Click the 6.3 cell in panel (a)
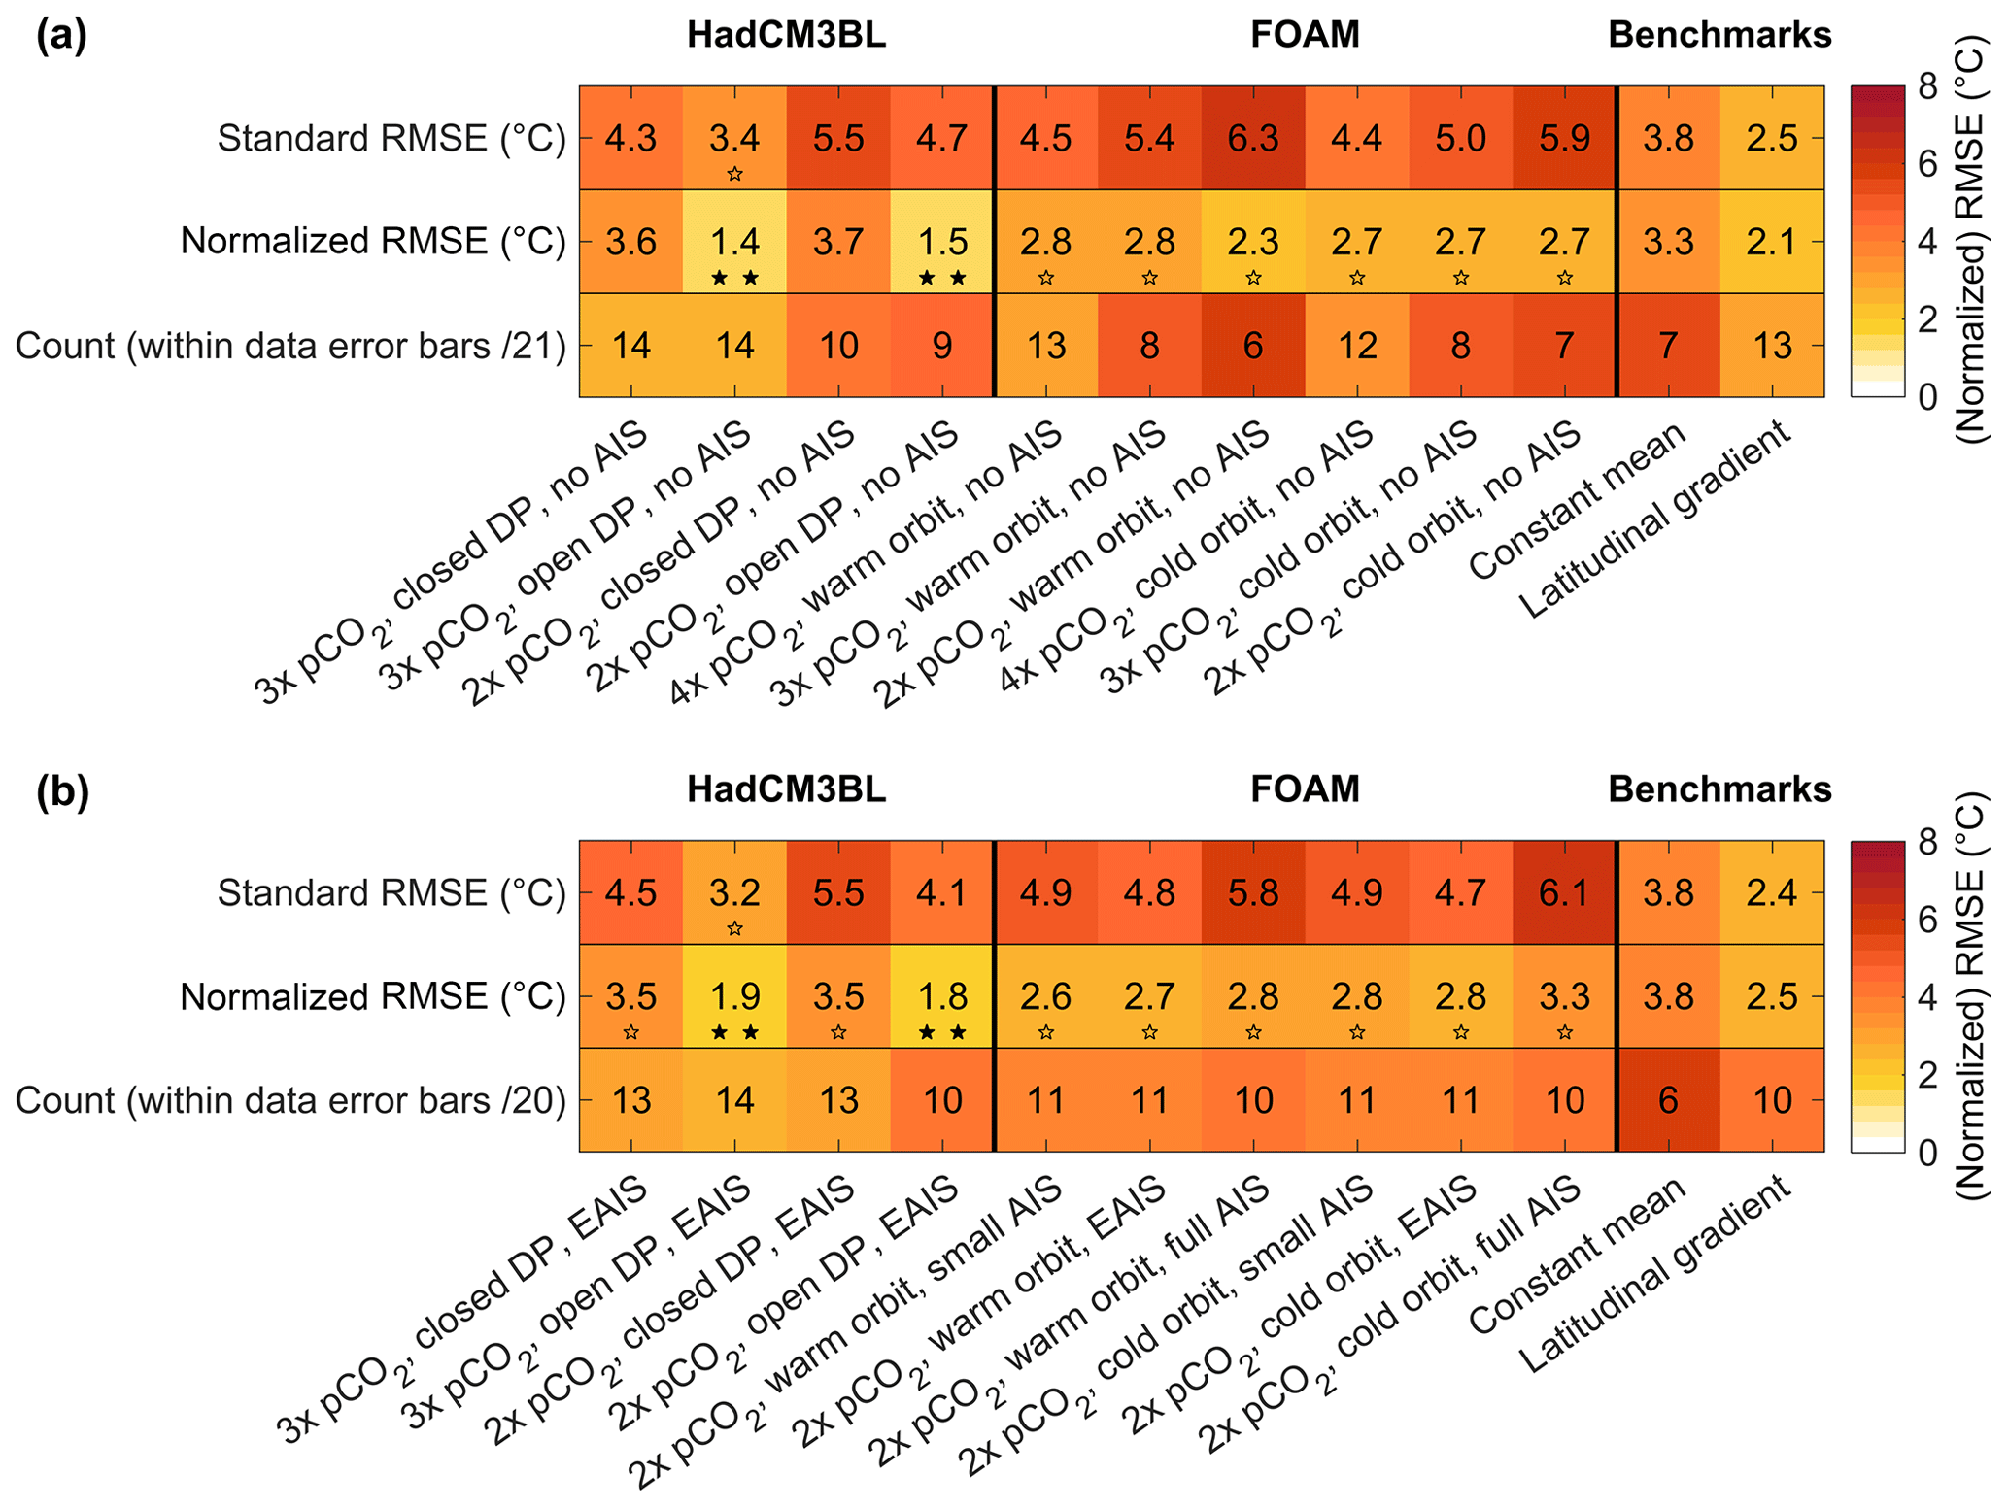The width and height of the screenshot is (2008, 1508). click(1253, 138)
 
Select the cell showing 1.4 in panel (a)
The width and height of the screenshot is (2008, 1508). click(734, 241)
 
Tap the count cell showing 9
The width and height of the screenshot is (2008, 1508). click(942, 346)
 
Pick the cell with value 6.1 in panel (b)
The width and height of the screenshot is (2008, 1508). click(1564, 892)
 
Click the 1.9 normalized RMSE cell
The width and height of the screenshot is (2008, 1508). click(734, 996)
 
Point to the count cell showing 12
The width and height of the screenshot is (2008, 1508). click(1357, 346)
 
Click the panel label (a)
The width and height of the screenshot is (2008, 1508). click(61, 36)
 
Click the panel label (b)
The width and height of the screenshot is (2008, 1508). click(62, 791)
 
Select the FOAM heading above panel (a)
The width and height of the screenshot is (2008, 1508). click(1305, 35)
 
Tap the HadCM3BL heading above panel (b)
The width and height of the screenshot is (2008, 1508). click(786, 789)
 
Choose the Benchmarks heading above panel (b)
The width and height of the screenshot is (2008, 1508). click(1719, 789)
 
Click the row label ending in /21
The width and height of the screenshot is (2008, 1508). click(290, 346)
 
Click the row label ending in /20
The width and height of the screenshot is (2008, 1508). click(290, 1100)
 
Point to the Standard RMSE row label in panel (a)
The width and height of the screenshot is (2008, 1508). click(391, 138)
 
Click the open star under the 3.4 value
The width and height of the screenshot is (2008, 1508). click(735, 175)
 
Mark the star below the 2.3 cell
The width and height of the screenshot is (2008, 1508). click(1253, 279)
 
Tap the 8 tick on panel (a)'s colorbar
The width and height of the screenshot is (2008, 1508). click(1927, 87)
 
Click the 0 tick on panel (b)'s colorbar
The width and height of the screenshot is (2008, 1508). click(1927, 1153)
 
